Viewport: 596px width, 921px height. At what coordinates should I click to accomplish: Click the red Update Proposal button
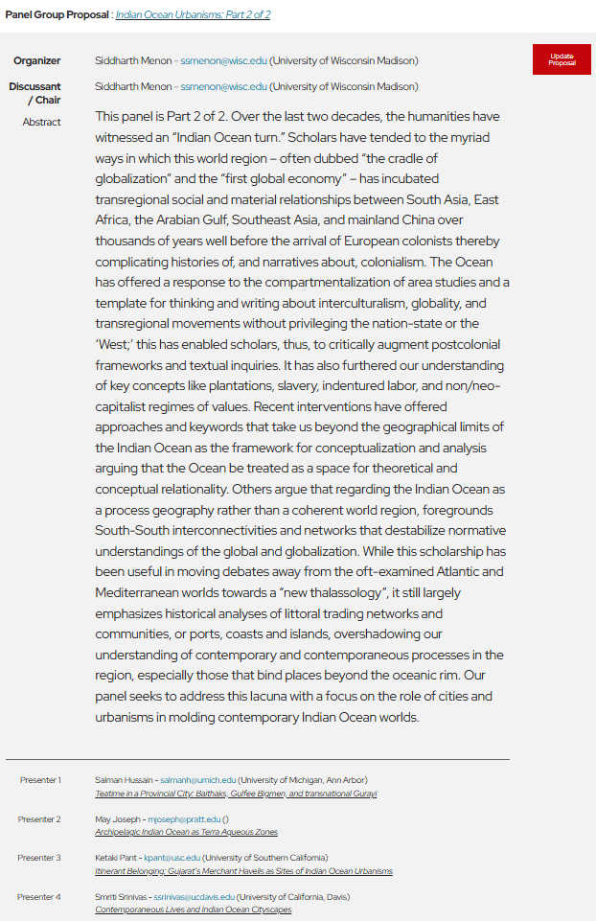562,59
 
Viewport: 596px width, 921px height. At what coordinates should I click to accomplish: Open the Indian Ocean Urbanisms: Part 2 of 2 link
193,15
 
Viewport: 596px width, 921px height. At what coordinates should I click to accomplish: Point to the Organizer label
37,61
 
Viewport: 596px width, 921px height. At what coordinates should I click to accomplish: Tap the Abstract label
42,123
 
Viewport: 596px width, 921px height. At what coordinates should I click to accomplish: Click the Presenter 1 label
39,780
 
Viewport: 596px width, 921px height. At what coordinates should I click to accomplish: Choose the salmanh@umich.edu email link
197,780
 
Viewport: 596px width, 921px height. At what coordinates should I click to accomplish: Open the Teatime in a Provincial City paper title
236,794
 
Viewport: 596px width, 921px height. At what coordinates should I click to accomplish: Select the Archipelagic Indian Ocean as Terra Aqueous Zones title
186,833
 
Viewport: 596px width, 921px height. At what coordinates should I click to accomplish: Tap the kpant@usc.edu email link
172,858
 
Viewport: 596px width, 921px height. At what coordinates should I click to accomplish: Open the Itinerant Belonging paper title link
243,871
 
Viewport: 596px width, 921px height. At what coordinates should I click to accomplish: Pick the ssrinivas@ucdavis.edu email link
195,897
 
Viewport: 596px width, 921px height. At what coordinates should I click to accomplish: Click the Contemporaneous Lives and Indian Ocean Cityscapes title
193,909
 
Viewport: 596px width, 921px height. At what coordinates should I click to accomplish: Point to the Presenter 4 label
39,897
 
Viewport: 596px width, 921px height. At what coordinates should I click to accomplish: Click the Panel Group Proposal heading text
57,15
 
